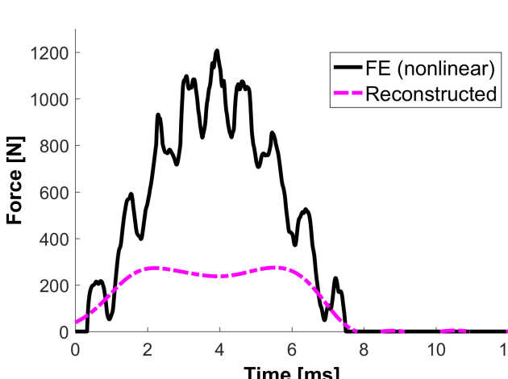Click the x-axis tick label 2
coord(148,349)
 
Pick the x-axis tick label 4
coord(219,349)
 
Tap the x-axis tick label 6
coord(291,349)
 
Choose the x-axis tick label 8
coord(363,349)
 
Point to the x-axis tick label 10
coord(435,349)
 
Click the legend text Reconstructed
coord(430,94)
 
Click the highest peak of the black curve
coord(217,51)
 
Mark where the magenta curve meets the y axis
coord(76,323)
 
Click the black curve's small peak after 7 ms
coord(335,278)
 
